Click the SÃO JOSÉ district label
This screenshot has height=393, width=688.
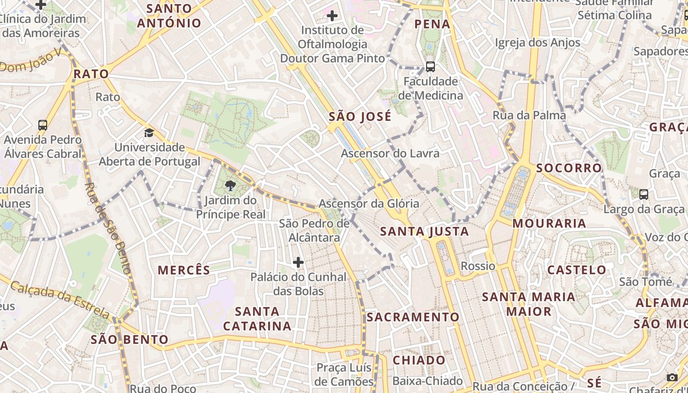coord(360,116)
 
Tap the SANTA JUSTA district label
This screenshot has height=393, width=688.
coord(425,231)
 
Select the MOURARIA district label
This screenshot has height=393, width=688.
coord(549,224)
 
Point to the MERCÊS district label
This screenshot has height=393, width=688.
coord(184,270)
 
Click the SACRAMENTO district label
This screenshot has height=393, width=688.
coord(413,317)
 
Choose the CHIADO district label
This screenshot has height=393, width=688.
coord(419,360)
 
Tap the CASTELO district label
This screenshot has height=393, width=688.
coord(577,270)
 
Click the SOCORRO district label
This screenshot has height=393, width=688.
coord(569,168)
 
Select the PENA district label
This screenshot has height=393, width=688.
coord(432,24)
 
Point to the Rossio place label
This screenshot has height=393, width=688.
coord(478,266)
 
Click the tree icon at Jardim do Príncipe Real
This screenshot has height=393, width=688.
coord(230,185)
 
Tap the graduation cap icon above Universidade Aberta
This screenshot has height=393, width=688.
coord(149,133)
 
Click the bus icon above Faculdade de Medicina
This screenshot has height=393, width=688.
coord(430,66)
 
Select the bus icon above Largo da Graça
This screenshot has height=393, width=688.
coord(644,194)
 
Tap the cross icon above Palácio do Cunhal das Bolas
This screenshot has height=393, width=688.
coord(298,262)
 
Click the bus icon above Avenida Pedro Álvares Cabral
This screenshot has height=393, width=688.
coord(43,125)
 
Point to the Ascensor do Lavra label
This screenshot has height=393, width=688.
coord(390,153)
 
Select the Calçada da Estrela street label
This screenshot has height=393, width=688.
coord(59,299)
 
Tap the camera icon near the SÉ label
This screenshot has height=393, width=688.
coord(672,377)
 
